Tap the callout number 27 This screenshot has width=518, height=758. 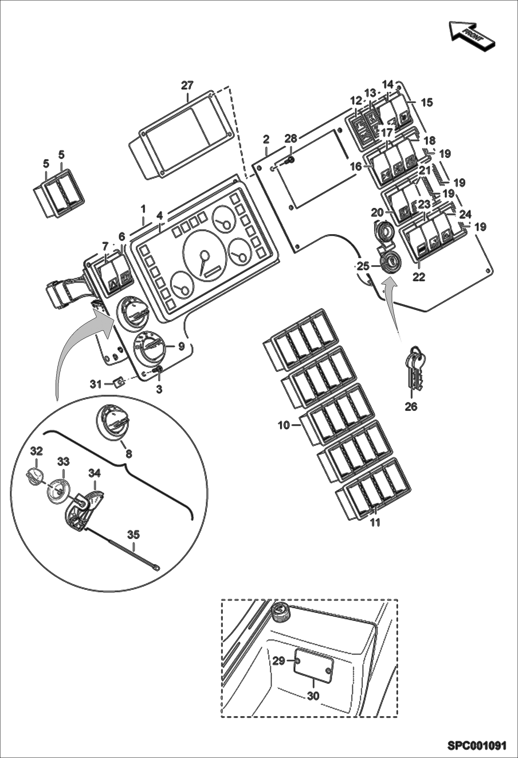click(187, 85)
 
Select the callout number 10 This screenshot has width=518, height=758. click(284, 425)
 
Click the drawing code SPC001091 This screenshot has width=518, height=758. click(477, 744)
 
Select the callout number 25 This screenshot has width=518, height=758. click(363, 266)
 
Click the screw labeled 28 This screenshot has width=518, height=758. click(290, 160)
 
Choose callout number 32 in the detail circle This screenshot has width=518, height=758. click(37, 451)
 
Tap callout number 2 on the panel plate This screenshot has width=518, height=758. click(266, 140)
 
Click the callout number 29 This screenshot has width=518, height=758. click(278, 661)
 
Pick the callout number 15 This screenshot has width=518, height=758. click(427, 102)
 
